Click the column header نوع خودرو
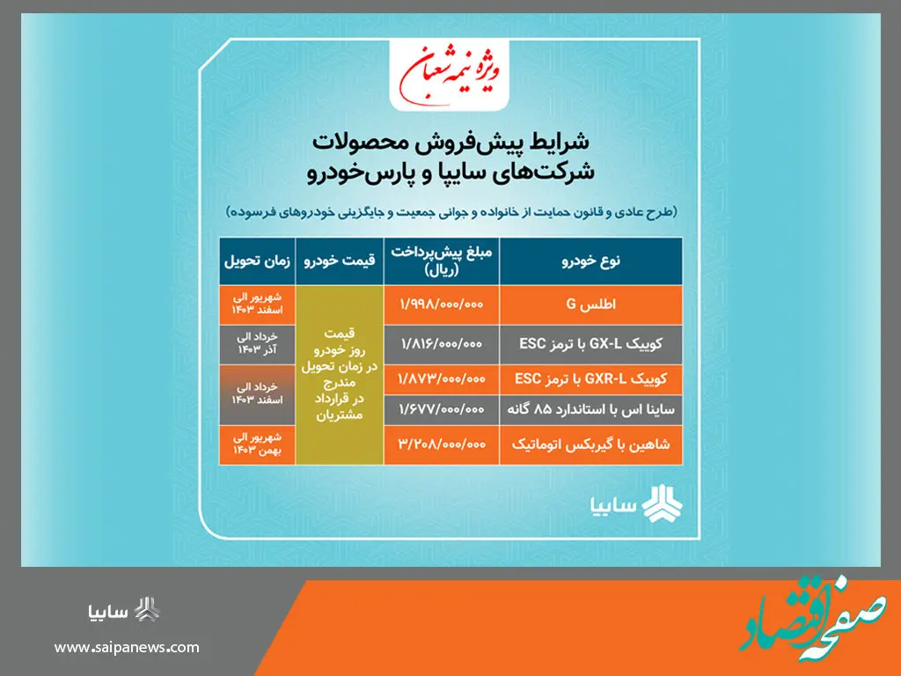point(590,261)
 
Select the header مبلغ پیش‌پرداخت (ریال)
point(442,261)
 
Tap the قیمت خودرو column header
point(340,261)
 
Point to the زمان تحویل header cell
point(257,261)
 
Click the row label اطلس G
point(590,304)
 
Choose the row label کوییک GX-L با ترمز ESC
point(590,340)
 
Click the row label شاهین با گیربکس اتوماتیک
point(590,445)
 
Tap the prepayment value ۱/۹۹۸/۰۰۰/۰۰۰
point(442,304)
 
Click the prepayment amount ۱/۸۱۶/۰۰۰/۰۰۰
point(442,340)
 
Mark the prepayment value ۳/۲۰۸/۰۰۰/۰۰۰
point(442,445)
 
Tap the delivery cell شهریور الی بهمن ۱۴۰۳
point(257,445)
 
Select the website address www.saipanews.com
point(127,648)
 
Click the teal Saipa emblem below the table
point(661,504)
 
